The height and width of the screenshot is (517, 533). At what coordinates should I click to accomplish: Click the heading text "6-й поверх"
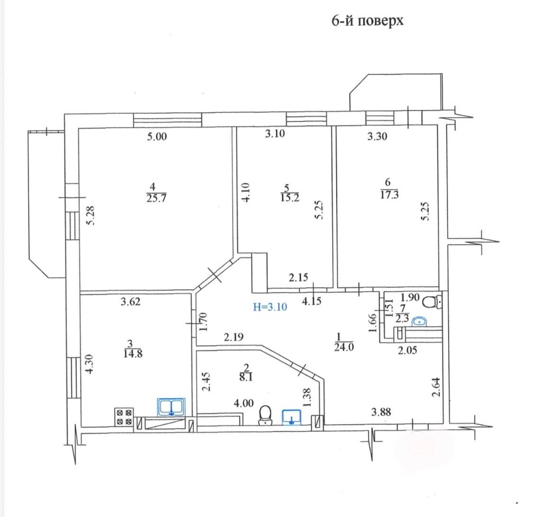point(368,21)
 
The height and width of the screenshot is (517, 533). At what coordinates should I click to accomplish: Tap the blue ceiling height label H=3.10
point(270,307)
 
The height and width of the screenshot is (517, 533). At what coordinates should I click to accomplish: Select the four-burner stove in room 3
point(124,417)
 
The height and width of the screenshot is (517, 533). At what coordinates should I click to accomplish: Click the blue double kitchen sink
point(171,407)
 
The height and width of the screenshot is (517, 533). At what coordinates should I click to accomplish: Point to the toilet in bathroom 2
point(265,416)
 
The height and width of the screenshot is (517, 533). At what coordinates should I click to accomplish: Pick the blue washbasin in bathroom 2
point(291,417)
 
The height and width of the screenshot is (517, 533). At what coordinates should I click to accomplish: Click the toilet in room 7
point(432,301)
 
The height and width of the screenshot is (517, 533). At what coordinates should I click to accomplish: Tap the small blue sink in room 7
point(419,321)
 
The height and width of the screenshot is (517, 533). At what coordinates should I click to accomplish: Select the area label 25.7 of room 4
point(156,198)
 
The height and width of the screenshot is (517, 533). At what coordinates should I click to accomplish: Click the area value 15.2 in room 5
point(289,198)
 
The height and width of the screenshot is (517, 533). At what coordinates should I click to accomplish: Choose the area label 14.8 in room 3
point(133,354)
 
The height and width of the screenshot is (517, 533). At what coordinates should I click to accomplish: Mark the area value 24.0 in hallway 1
point(344,347)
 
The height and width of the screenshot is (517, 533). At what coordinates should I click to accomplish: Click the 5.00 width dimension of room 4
point(157,136)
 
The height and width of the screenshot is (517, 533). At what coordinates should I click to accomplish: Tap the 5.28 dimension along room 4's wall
point(90,216)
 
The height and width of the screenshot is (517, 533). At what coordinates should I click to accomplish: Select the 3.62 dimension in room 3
point(131,301)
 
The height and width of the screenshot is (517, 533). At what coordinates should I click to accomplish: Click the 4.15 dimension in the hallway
point(312,301)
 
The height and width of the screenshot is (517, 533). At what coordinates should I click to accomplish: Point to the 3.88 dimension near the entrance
point(381,412)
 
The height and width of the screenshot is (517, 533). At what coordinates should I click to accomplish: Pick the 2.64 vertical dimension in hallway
point(436,387)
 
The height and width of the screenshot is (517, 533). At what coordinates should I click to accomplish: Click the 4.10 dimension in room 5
point(245,192)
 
